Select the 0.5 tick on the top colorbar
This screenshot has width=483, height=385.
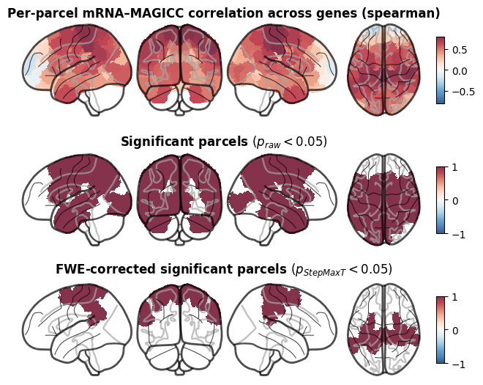tap(460, 50)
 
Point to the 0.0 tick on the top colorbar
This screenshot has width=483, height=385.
tap(460, 71)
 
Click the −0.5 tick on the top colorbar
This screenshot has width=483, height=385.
tap(463, 92)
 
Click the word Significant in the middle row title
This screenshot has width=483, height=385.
tap(157, 142)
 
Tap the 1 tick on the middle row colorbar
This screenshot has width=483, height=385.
tap(454, 168)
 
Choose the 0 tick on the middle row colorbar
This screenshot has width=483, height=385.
tap(455, 201)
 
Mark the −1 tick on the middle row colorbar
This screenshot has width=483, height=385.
tap(459, 235)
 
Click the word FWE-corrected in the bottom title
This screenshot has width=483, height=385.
tap(106, 269)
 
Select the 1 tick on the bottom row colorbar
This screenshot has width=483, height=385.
tap(454, 297)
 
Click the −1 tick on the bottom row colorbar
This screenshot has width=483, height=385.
tap(459, 364)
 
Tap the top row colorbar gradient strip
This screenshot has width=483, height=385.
tap(441, 70)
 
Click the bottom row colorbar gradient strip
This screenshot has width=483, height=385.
tap(441, 330)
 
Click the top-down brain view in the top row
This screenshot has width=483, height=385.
tap(383, 70)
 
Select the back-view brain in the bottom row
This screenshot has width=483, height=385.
tap(179, 329)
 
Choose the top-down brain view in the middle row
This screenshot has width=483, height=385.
tap(383, 199)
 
